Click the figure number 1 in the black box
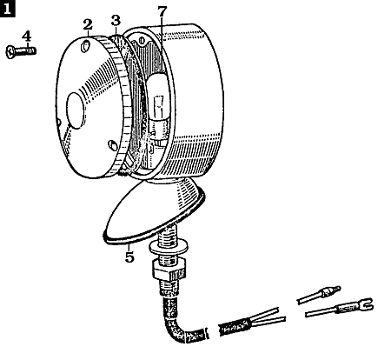(x=7, y=9)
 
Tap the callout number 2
(x=88, y=24)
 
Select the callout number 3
(x=116, y=21)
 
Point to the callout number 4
(x=26, y=37)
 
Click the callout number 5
(x=129, y=257)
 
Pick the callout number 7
(x=162, y=11)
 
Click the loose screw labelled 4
(x=21, y=52)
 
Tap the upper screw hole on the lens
(x=85, y=46)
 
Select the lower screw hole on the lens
(x=112, y=144)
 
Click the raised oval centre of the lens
(x=76, y=110)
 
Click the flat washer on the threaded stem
(x=168, y=247)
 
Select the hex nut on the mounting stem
(x=169, y=270)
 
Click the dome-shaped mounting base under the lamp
(x=154, y=210)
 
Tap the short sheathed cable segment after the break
(x=235, y=327)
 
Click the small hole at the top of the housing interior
(x=142, y=39)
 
